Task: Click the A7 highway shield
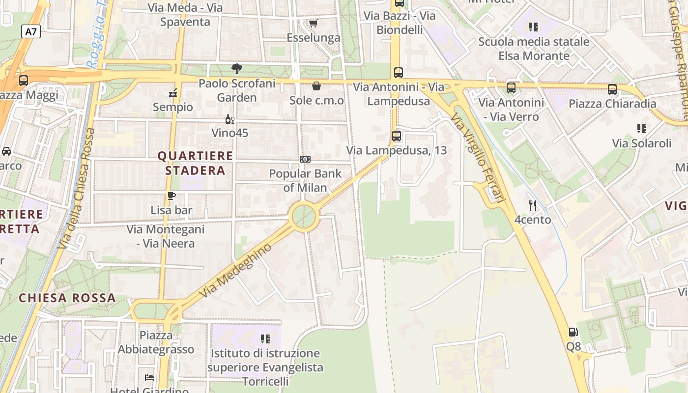[x=31, y=32]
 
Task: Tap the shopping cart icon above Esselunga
[x=313, y=23]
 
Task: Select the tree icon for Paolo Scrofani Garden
[x=237, y=69]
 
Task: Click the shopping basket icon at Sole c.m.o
[x=316, y=86]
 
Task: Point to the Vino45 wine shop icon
[x=229, y=119]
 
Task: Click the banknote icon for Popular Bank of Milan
[x=305, y=159]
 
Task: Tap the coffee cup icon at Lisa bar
[x=171, y=196]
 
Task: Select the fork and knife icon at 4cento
[x=533, y=205]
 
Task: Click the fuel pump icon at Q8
[x=573, y=333]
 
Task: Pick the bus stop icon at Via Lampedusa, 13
[x=397, y=136]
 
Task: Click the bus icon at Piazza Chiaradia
[x=612, y=89]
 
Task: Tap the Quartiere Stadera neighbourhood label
[x=195, y=163]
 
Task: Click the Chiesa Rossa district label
[x=67, y=298]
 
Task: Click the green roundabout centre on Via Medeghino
[x=304, y=216]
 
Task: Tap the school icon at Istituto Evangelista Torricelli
[x=265, y=338]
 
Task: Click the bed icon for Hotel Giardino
[x=149, y=378]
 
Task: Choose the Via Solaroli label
[x=641, y=143]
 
